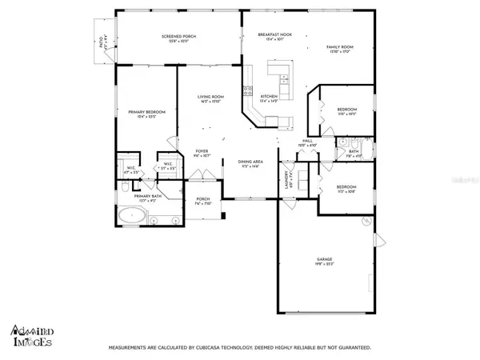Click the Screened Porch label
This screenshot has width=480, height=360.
(x=178, y=38)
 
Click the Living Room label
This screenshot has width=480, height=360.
(x=210, y=99)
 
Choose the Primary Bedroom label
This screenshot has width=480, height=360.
(x=146, y=114)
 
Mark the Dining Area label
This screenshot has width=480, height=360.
(x=251, y=163)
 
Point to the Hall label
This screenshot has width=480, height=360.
(x=306, y=142)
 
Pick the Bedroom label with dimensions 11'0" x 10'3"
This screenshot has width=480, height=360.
(x=346, y=110)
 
